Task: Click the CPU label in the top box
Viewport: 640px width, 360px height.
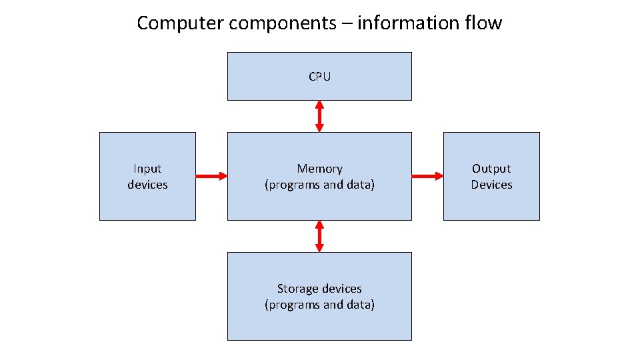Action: [319, 77]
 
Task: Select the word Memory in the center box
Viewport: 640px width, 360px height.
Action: [319, 169]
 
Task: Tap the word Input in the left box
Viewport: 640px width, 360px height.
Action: [147, 169]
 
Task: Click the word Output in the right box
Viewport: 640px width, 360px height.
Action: [491, 169]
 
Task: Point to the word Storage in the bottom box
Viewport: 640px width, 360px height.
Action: [297, 289]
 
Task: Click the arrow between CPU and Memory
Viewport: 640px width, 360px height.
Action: [319, 116]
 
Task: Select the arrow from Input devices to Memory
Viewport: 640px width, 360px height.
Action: [211, 176]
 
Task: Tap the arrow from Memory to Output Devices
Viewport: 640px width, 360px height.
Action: [427, 176]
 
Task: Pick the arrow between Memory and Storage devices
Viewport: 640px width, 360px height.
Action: [319, 236]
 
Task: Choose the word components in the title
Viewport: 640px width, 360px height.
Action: [283, 23]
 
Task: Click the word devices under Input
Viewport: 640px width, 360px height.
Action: [147, 185]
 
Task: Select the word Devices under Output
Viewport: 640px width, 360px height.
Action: [491, 185]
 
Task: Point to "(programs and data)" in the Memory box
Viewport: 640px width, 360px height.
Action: [319, 185]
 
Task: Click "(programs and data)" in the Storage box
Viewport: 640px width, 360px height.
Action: [319, 305]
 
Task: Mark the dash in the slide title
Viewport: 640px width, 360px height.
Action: [347, 24]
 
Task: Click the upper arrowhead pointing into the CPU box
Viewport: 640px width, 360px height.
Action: [319, 105]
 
